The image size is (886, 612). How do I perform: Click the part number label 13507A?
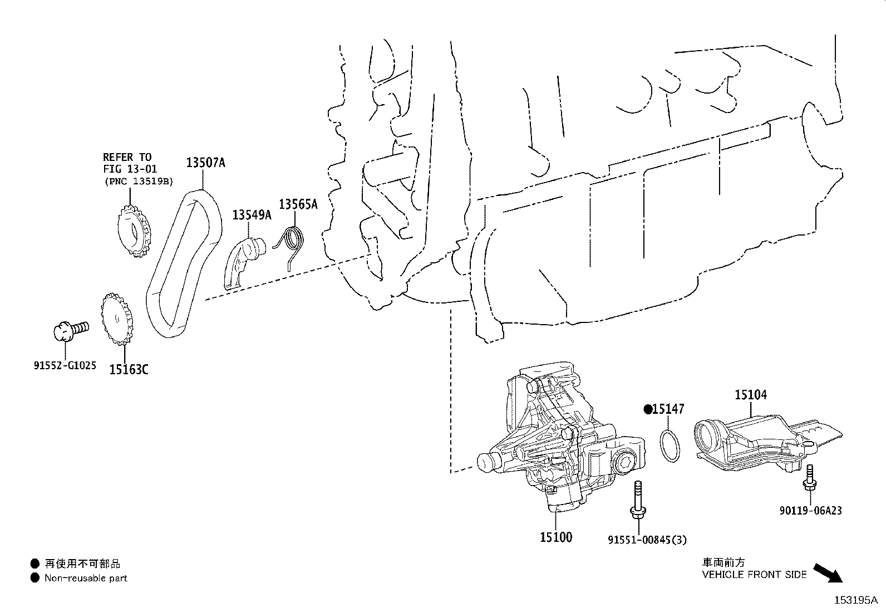pyautogui.click(x=205, y=163)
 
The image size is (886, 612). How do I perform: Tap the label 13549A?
pyautogui.click(x=252, y=214)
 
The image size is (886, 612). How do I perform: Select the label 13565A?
pyautogui.click(x=298, y=204)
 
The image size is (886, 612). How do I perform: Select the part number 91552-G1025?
pyautogui.click(x=64, y=366)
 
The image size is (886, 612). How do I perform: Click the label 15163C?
pyautogui.click(x=129, y=369)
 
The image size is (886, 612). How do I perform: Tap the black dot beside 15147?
pyautogui.click(x=648, y=409)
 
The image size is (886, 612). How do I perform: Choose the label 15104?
pyautogui.click(x=750, y=395)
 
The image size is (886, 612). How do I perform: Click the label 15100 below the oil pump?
pyautogui.click(x=555, y=537)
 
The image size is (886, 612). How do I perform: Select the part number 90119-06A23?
pyautogui.click(x=810, y=510)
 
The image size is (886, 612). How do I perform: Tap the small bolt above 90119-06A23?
pyautogui.click(x=809, y=480)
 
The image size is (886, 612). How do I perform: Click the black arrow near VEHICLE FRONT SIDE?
pyautogui.click(x=828, y=573)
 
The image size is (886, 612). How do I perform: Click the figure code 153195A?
pyautogui.click(x=855, y=600)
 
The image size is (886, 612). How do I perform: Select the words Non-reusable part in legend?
pyautogui.click(x=86, y=578)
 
